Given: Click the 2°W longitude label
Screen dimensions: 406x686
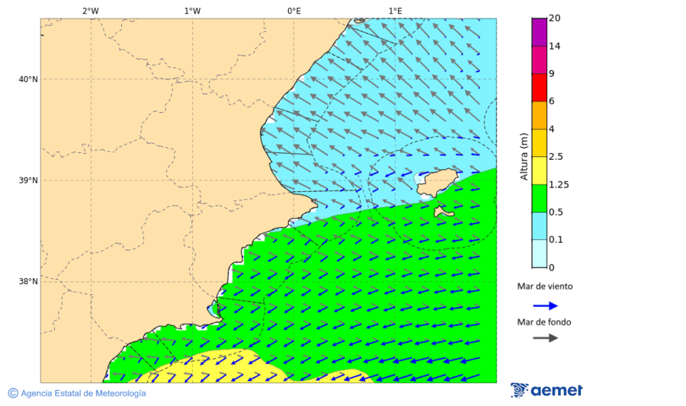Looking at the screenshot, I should (x=90, y=11).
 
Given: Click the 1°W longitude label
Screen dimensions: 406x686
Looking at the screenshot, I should (x=192, y=11).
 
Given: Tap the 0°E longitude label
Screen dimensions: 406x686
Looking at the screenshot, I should (x=293, y=11).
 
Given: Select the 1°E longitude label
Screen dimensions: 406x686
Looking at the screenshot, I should (x=395, y=11).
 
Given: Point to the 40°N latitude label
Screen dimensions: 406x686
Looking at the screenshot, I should (x=28, y=79).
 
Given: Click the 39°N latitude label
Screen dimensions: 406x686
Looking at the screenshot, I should (x=28, y=181).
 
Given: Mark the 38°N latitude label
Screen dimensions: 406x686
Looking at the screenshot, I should (x=28, y=282).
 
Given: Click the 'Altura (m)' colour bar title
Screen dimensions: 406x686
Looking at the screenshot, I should (x=524, y=156).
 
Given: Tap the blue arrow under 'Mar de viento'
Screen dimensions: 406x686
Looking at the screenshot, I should (x=545, y=305).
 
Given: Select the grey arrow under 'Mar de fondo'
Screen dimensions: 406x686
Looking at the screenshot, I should (x=545, y=337).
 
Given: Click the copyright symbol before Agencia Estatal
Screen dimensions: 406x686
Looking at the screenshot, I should (x=13, y=393).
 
